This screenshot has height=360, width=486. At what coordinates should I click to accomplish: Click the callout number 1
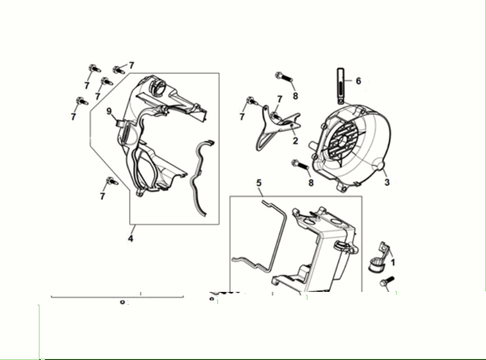[x=393, y=263]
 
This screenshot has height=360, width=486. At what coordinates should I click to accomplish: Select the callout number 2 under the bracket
[x=295, y=140]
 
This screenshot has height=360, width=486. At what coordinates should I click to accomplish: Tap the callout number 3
[x=386, y=181]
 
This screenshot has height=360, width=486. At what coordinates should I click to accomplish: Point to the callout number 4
[x=130, y=238]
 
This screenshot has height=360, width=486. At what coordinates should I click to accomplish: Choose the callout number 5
[x=258, y=182]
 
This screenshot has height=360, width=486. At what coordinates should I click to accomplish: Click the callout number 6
[x=358, y=80]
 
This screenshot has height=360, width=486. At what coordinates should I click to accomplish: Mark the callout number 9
[x=109, y=111]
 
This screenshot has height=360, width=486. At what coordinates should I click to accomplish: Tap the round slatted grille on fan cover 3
[x=343, y=145]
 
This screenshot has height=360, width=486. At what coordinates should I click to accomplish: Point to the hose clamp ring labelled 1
[x=377, y=266]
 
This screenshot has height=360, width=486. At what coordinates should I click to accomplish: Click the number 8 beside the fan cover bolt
[x=310, y=182]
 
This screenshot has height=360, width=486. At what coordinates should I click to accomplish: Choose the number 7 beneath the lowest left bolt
[x=102, y=196]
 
